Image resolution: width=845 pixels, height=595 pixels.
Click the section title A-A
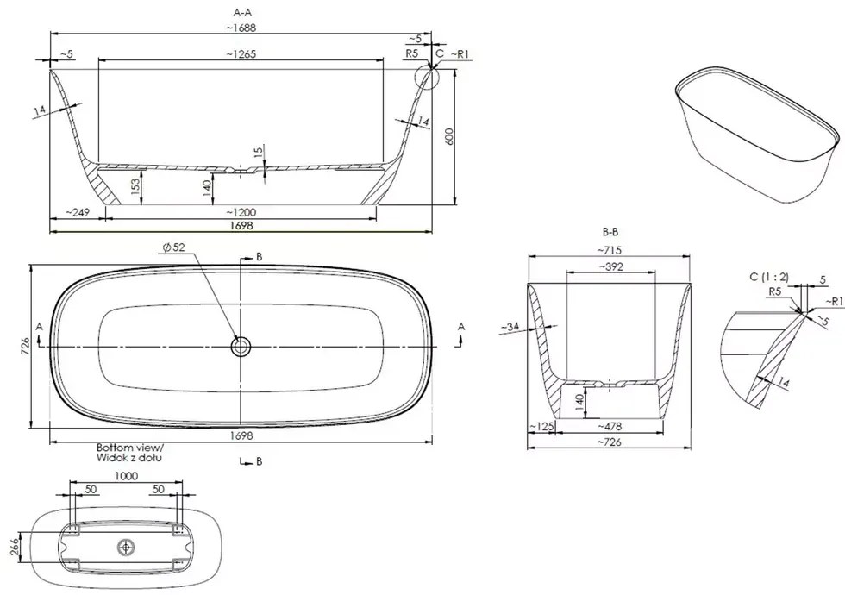coord(244,11)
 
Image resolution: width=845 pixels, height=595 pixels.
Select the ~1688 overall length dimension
coord(244,27)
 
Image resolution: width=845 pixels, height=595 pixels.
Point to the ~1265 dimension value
coord(242,53)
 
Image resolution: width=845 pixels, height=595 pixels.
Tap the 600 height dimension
coord(448,136)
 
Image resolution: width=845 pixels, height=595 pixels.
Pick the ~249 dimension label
coord(79,212)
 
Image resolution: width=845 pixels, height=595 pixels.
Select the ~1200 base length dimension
coord(242,212)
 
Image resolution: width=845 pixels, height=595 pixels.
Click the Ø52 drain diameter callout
coord(172,248)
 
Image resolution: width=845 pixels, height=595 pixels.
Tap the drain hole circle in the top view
coord(241,347)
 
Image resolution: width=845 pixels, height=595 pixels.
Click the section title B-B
coord(610,232)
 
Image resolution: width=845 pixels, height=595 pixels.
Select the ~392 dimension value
coord(611,266)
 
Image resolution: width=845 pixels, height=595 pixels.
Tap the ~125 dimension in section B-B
coord(541,426)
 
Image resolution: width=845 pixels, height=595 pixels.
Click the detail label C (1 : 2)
coord(768,276)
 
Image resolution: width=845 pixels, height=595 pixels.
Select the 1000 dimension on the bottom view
coord(127,475)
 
